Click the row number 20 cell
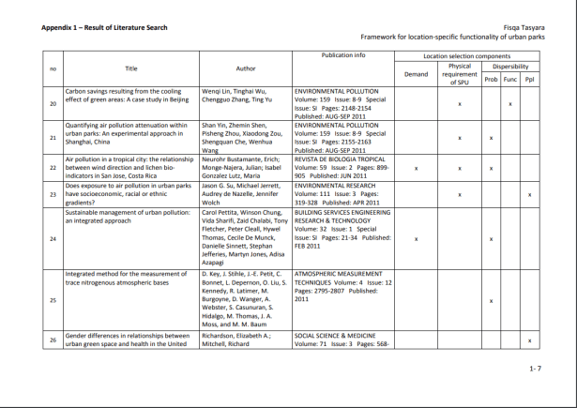point(53,103)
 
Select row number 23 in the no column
point(53,194)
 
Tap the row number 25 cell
point(53,300)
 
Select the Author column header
point(246,68)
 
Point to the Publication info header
point(343,55)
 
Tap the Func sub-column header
point(509,80)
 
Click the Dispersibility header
point(510,67)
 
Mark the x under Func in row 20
point(509,103)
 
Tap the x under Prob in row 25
point(491,300)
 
